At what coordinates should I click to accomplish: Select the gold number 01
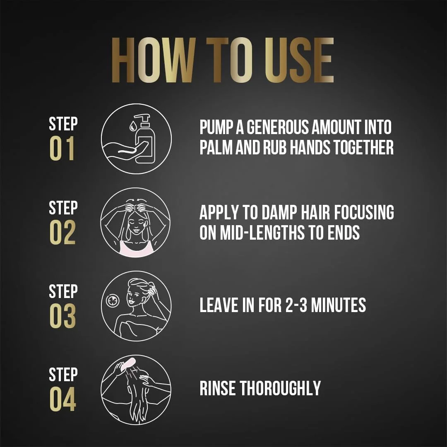click(62, 149)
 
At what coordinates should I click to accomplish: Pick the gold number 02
click(62, 233)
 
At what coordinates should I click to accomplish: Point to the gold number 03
click(62, 317)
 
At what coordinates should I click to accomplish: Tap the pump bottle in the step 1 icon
click(146, 141)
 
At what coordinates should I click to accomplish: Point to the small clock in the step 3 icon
click(113, 301)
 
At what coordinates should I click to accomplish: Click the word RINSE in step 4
click(218, 388)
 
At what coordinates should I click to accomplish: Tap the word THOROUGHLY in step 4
click(281, 388)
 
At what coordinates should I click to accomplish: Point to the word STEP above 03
click(63, 291)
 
